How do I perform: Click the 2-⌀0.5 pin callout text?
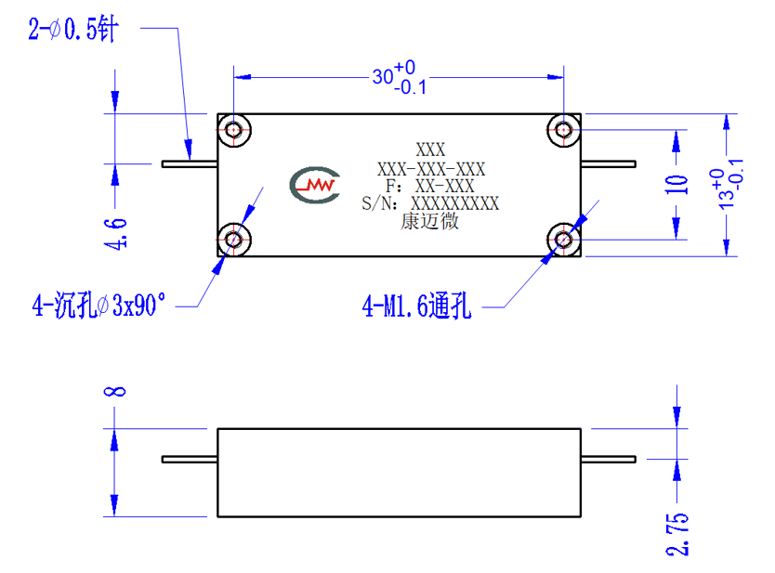pos(73,29)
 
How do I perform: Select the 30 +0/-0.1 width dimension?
pos(400,78)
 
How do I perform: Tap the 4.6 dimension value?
pos(115,234)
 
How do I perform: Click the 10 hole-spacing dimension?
pos(676,184)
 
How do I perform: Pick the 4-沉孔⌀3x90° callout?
pos(99,305)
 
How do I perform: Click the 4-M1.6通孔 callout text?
pos(416,306)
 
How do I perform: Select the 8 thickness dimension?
pos(114,392)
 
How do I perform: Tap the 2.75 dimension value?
pos(677,535)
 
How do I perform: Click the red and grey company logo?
pos(315,185)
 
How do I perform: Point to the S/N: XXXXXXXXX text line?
pos(430,203)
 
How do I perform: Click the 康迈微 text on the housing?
pos(429,221)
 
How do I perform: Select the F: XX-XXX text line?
pos(430,187)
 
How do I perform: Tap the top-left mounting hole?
pos(234,130)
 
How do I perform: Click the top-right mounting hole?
pos(563,130)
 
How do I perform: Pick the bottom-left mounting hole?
pos(234,240)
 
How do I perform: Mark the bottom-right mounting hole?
pos(563,240)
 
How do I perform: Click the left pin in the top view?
pos(190,164)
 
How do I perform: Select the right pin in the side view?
pos(609,460)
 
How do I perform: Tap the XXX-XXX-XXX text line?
pos(431,169)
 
